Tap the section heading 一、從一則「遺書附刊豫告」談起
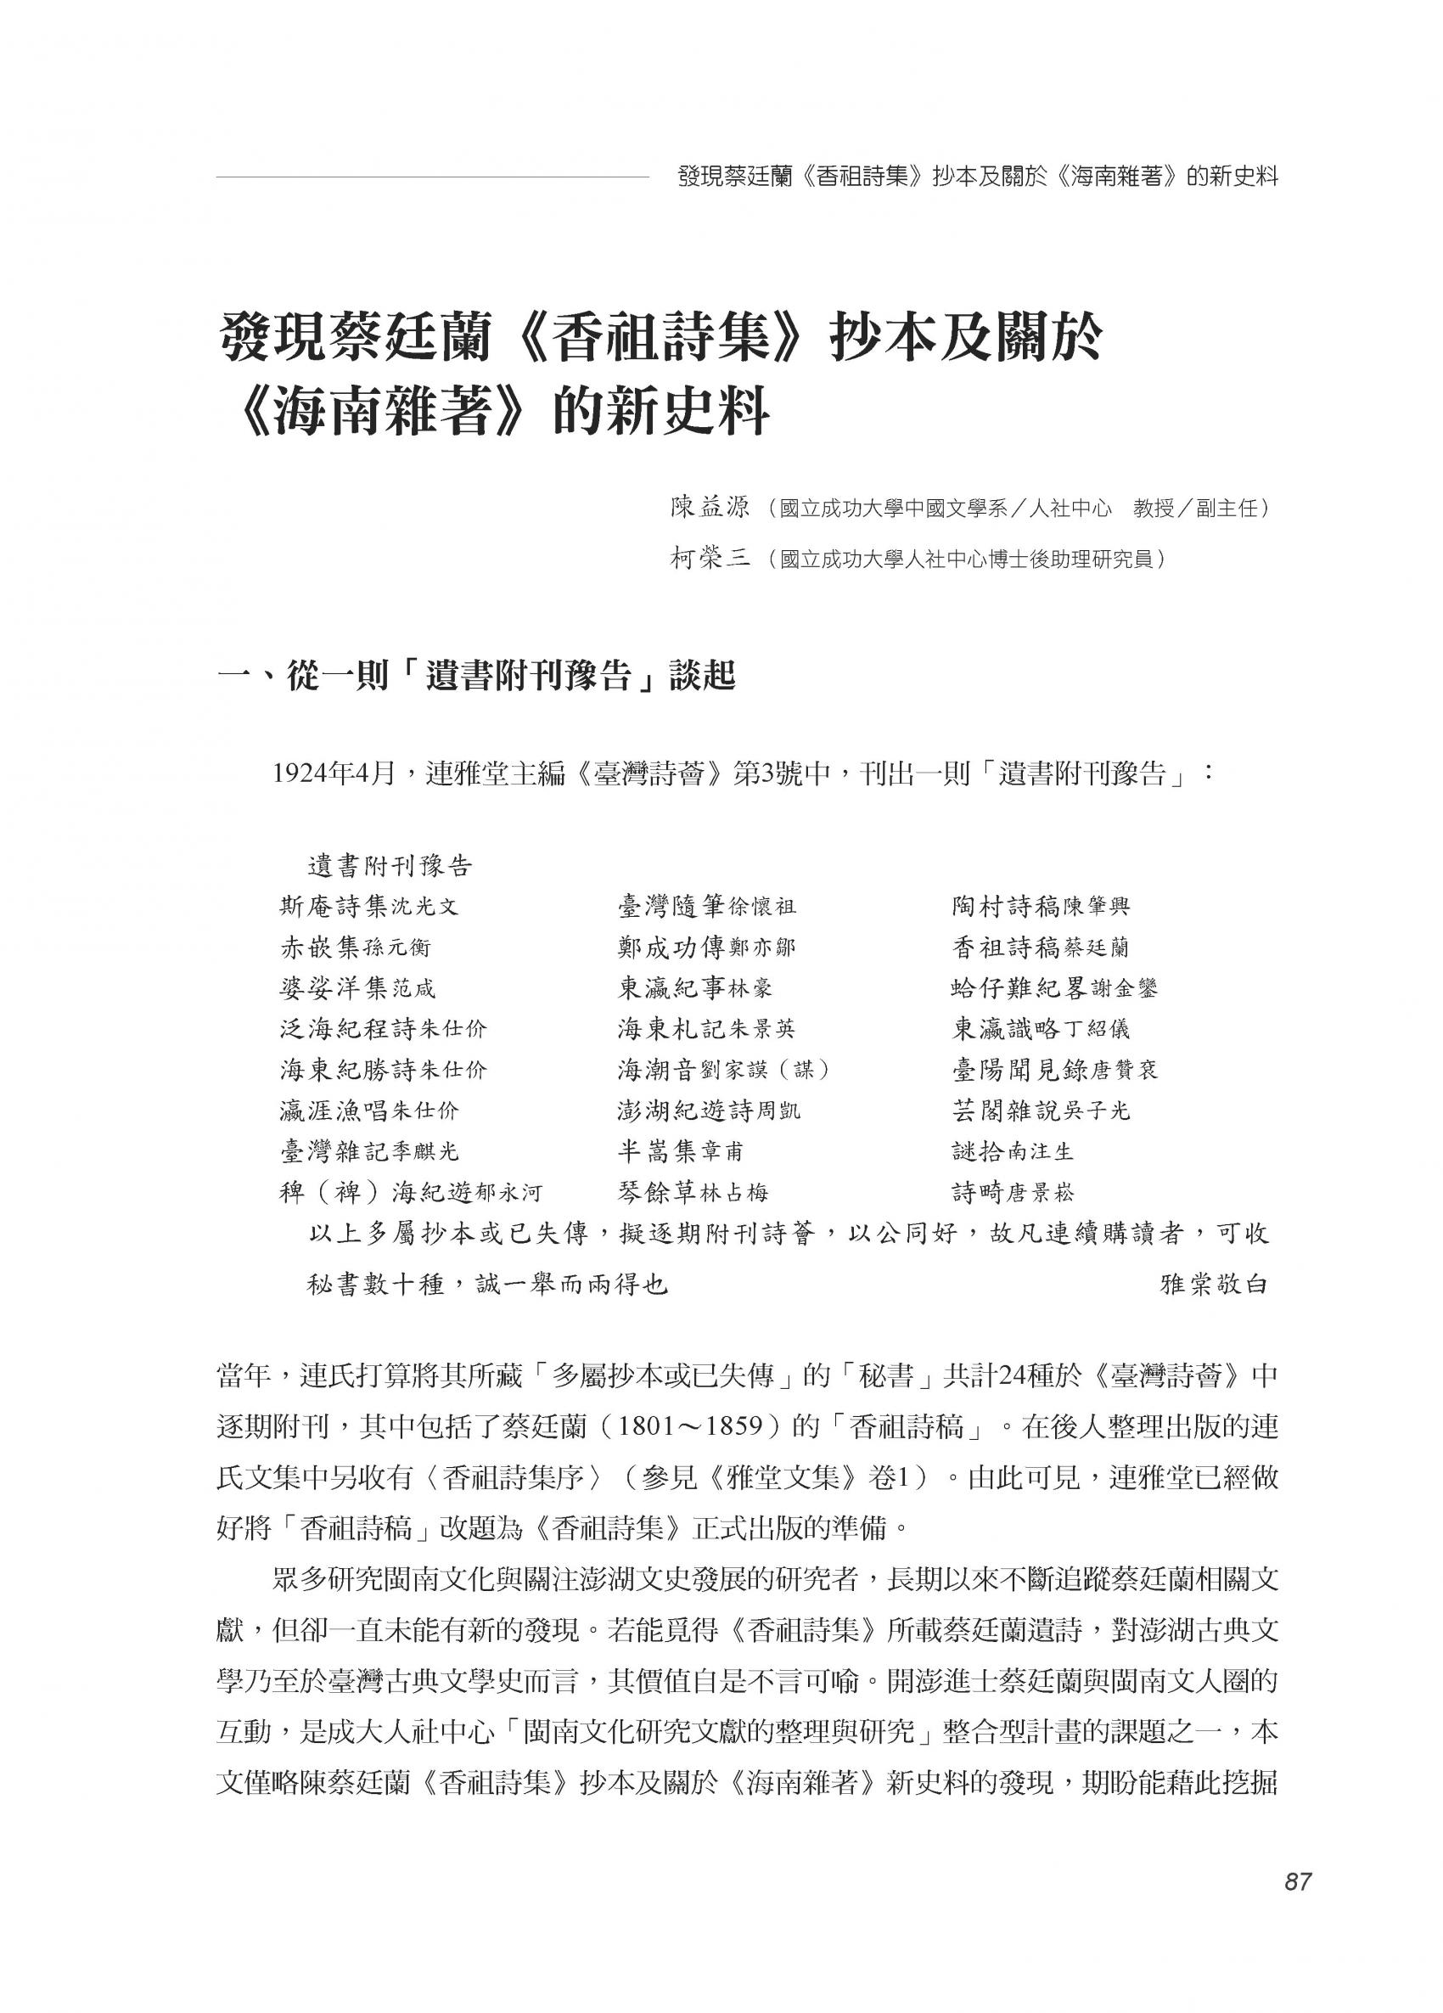pos(476,678)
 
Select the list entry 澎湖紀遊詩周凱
pos(709,1111)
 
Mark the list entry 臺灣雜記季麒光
pos(369,1152)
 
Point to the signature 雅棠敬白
pos(1213,1285)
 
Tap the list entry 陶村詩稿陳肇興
pos(1040,906)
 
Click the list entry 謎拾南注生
pos(1013,1152)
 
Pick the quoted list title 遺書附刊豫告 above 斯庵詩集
pos(390,865)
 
